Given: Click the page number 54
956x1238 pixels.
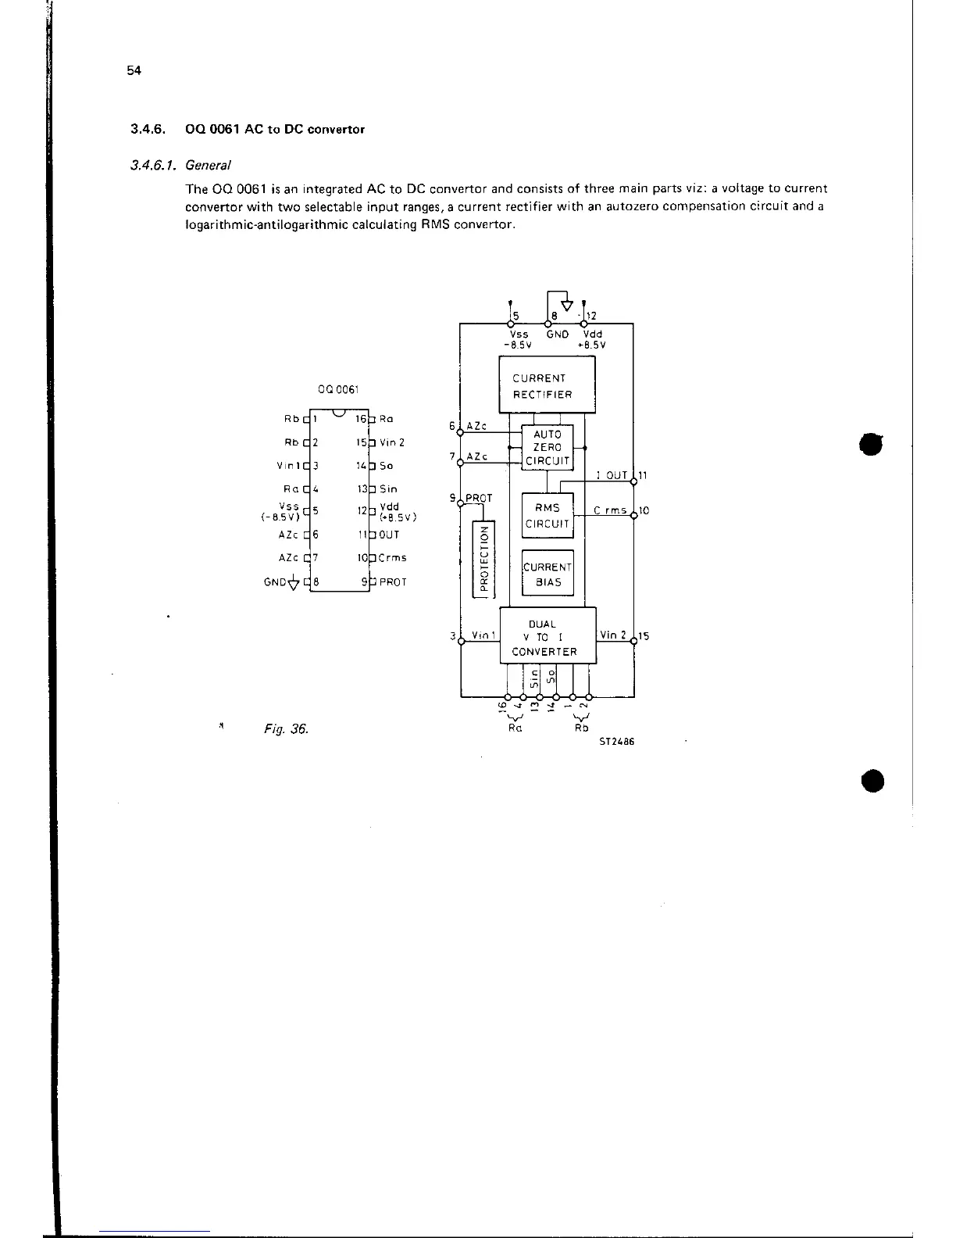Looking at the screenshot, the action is [134, 70].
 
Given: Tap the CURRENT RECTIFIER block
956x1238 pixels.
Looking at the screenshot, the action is [547, 386].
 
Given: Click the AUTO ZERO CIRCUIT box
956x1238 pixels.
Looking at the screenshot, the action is [547, 448].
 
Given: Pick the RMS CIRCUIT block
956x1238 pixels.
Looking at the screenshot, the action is [547, 516].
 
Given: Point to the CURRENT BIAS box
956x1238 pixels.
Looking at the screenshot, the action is [547, 574].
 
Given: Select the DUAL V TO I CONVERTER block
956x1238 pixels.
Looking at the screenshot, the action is [547, 637].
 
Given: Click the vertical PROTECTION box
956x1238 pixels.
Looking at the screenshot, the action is [484, 559].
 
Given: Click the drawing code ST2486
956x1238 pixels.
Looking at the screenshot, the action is [616, 742].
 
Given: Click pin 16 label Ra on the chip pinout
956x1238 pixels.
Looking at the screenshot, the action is [386, 419].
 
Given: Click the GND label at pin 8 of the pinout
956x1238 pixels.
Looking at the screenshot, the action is [274, 582].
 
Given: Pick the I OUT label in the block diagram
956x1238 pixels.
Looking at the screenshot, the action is [612, 475].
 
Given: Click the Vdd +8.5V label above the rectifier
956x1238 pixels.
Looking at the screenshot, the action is [594, 339].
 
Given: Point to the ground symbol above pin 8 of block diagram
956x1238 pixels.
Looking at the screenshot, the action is [567, 305].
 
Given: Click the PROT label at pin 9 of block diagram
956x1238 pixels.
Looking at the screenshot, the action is [479, 498].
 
